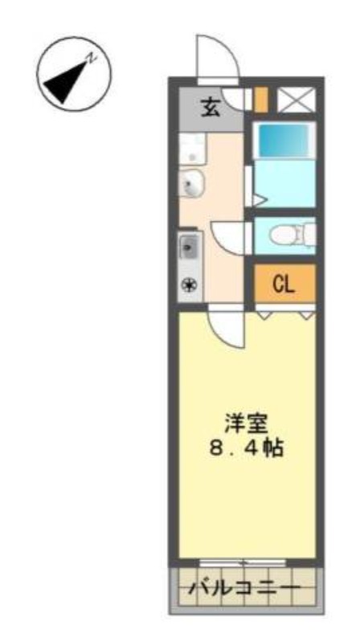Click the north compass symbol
pos(74,74)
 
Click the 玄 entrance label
pos(211,109)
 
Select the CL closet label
pos(284,285)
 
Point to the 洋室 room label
pos(246,424)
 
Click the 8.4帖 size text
pos(246,448)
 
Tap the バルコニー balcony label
pos(244,588)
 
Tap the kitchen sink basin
pos(190,248)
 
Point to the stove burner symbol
pos(189,285)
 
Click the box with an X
pos(297,99)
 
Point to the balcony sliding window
pos(243,562)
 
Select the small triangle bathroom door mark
pos(260,200)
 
